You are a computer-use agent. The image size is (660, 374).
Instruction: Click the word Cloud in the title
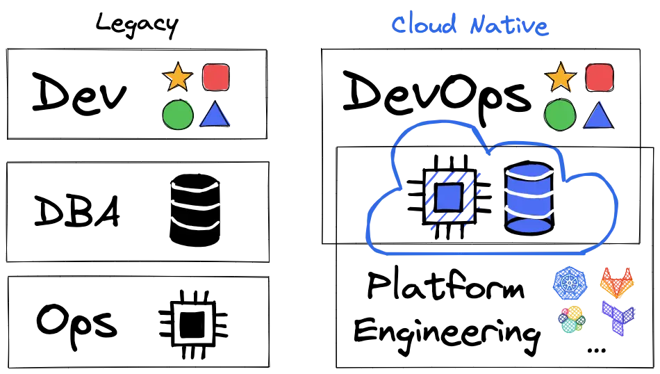click(x=424, y=25)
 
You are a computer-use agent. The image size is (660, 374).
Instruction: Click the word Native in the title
click(x=510, y=26)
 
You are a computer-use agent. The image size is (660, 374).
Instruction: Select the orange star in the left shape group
click(x=178, y=77)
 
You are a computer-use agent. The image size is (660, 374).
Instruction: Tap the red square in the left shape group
click(x=215, y=77)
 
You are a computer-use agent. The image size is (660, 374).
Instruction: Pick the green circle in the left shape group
click(x=178, y=115)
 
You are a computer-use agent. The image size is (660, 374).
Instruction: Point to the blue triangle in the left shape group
click(x=215, y=115)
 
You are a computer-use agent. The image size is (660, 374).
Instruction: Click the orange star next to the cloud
click(x=561, y=77)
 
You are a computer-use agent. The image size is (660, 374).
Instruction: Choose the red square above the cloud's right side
click(x=599, y=77)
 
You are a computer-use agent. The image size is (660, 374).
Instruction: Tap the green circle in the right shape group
click(x=560, y=115)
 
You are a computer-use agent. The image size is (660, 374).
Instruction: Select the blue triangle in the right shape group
click(x=598, y=115)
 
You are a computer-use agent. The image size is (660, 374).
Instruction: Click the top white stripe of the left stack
click(x=195, y=187)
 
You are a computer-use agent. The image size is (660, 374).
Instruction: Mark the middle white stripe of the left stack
click(x=195, y=205)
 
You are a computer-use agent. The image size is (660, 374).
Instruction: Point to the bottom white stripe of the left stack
click(x=195, y=223)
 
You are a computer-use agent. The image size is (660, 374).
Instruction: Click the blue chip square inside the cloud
click(x=448, y=197)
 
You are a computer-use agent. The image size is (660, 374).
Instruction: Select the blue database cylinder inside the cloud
click(x=529, y=197)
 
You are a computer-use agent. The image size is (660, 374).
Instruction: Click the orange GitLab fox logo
click(x=618, y=283)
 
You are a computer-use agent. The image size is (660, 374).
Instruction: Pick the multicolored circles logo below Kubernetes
click(x=571, y=319)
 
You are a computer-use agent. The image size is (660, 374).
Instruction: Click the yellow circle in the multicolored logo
click(x=576, y=314)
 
